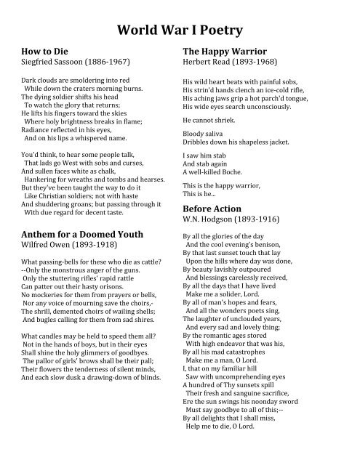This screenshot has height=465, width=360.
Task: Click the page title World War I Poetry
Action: (180, 30)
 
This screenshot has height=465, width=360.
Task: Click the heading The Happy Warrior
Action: (225, 52)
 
